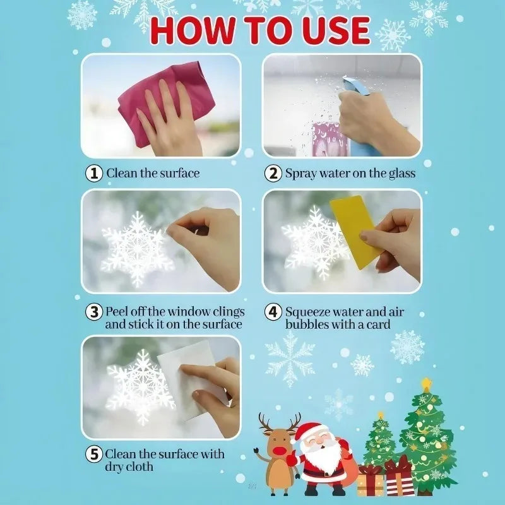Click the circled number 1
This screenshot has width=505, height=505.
94,173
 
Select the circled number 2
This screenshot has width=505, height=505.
273,173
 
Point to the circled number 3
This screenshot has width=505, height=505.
94,312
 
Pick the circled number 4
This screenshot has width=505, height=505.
273,312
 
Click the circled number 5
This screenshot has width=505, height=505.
94,454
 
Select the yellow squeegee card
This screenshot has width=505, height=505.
355,230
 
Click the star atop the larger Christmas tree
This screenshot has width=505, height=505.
427,384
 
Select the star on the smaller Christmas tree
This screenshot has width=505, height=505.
380,415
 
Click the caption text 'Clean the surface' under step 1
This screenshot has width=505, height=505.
152,173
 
